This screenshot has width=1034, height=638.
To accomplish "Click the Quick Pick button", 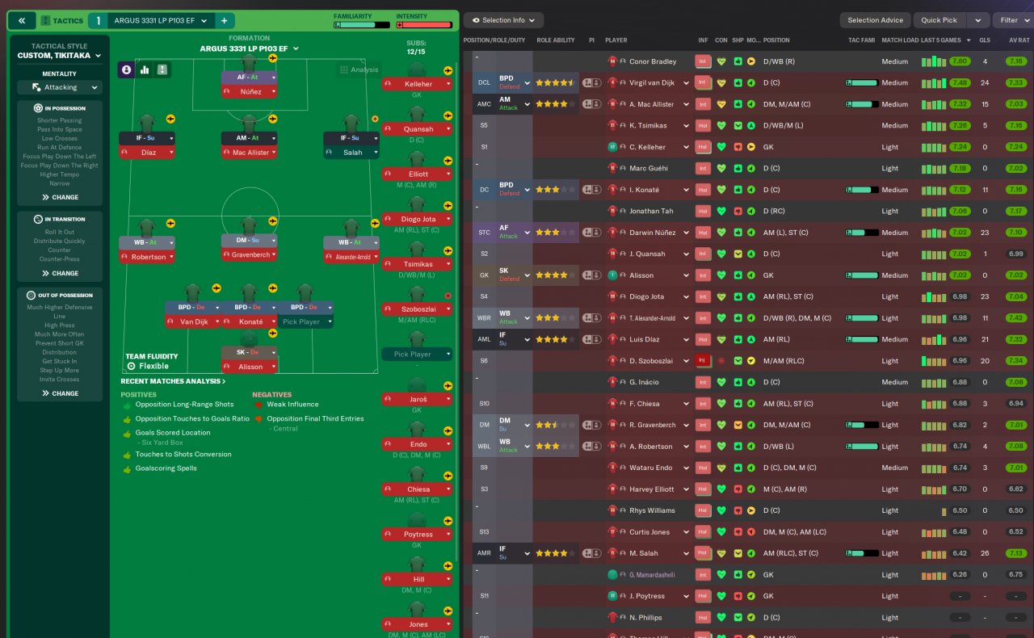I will [x=939, y=20].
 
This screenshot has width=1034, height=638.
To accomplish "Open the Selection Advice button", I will [x=875, y=20].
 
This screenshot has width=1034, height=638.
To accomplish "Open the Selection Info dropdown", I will [x=503, y=20].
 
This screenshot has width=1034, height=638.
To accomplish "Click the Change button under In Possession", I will [x=61, y=197].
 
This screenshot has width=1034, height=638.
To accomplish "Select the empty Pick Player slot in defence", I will [x=301, y=321].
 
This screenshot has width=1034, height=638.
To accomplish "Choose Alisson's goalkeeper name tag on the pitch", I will [x=250, y=367].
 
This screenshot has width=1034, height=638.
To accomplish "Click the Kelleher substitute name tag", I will [x=418, y=84].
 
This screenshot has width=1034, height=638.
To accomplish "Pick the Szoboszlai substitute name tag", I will [x=418, y=309].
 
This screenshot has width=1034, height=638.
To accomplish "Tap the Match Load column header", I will [x=900, y=40].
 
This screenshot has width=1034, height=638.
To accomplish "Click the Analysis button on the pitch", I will [x=359, y=69].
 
